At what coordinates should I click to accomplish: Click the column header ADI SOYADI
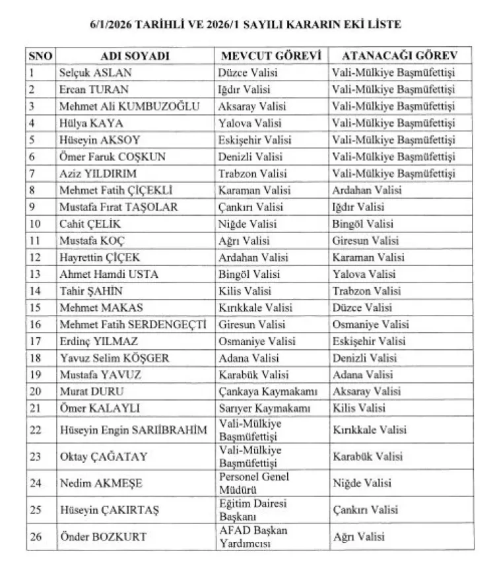pos(135,56)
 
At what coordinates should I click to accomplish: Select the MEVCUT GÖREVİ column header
pos(271,56)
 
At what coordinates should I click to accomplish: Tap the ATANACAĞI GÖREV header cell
pos(393,56)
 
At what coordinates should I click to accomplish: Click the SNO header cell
pos(41,56)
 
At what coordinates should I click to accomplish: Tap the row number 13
pos(36,274)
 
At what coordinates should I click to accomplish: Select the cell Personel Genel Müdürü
pos(253,482)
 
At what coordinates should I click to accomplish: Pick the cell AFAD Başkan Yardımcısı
pos(253,537)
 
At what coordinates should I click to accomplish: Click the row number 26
pos(36,537)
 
